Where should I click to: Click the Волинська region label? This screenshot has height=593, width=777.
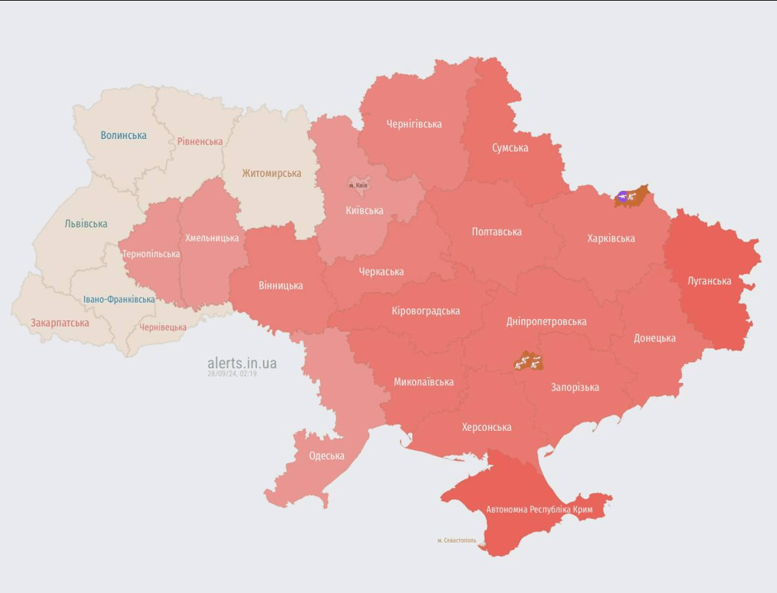click(x=123, y=135)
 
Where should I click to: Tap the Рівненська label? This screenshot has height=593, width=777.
click(x=200, y=141)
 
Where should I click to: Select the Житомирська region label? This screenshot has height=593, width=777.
click(x=272, y=173)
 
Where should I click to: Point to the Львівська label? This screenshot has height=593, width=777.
click(x=86, y=224)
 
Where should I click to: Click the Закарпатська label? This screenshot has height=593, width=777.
click(x=59, y=323)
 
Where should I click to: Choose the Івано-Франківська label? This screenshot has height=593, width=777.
click(x=119, y=299)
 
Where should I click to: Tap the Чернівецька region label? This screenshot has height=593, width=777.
click(x=163, y=327)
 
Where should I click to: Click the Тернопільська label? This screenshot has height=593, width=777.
click(x=151, y=254)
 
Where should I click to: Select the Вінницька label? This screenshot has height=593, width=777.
click(x=281, y=285)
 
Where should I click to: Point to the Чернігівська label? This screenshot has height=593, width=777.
click(x=414, y=124)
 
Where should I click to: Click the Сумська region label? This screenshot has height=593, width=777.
click(x=510, y=147)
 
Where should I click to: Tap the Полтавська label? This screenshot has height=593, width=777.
click(x=497, y=232)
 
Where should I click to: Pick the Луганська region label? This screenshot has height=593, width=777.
click(x=709, y=280)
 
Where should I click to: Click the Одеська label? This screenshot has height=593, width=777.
click(x=326, y=456)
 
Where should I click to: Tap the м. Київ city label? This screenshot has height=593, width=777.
click(x=358, y=185)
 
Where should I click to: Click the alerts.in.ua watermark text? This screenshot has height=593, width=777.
click(x=242, y=363)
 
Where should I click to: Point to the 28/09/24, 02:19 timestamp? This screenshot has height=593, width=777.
click(x=231, y=374)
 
